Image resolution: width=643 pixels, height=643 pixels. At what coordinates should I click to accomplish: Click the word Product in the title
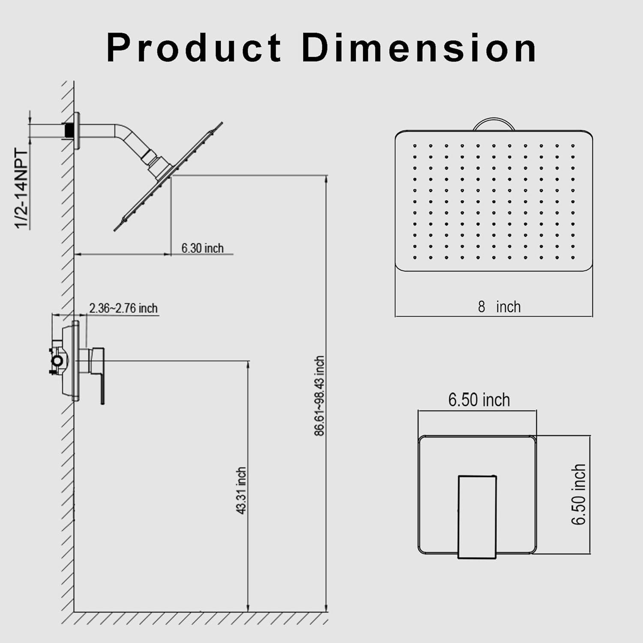194,48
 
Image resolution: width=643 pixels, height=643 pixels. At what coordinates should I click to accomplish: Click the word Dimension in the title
419,48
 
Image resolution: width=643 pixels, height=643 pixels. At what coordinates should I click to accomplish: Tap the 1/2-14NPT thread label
21,189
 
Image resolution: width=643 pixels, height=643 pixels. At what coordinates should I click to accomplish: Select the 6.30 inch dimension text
202,248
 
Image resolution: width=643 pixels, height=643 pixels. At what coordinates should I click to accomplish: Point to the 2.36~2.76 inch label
123,308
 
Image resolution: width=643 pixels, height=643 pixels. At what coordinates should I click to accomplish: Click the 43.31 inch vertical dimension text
242,490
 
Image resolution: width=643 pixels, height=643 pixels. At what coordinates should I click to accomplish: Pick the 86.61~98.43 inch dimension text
319,396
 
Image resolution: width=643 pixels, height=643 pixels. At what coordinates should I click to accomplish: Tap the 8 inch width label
499,307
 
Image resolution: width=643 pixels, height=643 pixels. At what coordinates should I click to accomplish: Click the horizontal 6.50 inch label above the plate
479,400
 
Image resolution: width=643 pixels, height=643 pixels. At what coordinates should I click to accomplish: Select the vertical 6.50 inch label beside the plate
579,494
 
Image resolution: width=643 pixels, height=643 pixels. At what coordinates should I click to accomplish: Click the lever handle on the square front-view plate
477,517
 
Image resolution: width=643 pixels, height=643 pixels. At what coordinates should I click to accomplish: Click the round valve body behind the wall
57,361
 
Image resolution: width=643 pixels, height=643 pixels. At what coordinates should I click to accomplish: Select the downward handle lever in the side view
102,382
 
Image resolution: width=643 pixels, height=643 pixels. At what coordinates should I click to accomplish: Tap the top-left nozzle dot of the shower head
415,146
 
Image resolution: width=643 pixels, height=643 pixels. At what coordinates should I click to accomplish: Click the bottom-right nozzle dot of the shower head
573,258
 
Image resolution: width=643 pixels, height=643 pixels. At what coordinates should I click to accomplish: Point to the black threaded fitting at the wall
68,130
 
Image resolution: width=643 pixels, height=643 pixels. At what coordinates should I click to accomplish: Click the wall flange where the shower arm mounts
77,131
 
